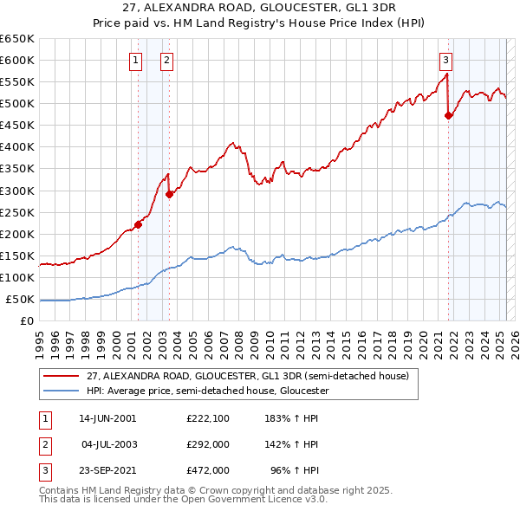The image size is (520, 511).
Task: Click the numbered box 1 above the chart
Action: coord(137,60)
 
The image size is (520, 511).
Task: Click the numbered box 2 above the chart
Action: coord(166,60)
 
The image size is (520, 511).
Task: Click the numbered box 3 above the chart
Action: coord(445,60)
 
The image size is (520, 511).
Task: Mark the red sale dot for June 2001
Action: coord(139,224)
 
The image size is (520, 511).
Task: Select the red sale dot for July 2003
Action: coord(169,194)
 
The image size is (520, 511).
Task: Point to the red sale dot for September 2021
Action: coord(448,115)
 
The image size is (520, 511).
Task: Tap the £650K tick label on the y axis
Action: coord(16,39)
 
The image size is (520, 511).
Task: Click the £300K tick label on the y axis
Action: coord(16,191)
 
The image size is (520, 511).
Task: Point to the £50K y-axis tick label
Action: coord(20,300)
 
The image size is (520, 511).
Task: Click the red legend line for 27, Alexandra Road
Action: coord(62,376)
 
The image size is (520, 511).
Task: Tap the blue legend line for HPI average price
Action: coord(62,391)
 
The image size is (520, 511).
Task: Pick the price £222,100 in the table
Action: coord(207,417)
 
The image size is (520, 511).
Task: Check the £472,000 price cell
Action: coord(207,471)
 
